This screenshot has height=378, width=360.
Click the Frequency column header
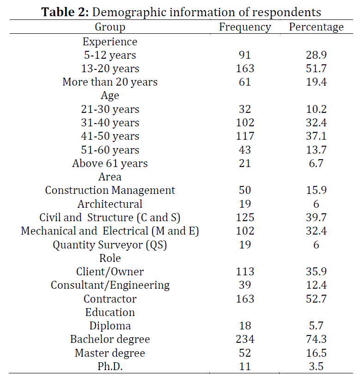coord(245,27)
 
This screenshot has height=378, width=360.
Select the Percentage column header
coord(316,27)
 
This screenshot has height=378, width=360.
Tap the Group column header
coord(110,27)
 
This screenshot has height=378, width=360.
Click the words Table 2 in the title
coord(65,12)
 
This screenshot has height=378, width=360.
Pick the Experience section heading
coord(110,42)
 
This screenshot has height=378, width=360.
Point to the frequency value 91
coord(245,55)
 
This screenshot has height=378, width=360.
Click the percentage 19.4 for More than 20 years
coord(316,82)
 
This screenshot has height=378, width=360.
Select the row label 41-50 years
coord(110,136)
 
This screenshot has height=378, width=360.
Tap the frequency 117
coord(245,136)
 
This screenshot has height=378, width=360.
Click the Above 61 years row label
coord(110,163)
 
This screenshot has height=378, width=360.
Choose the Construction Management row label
coord(110,191)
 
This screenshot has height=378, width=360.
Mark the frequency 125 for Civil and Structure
coord(245,217)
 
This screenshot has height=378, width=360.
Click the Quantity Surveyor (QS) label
coord(110,245)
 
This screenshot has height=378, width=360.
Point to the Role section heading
coord(110,258)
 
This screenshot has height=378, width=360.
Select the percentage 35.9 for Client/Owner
coord(316,272)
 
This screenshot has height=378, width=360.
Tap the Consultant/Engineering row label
coord(110,285)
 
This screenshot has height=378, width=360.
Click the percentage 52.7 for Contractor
coord(316,299)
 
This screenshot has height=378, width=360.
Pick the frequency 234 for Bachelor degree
coord(245,340)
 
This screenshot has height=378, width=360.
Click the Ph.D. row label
coord(110,367)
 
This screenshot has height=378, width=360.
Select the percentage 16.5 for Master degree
coord(316,353)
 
